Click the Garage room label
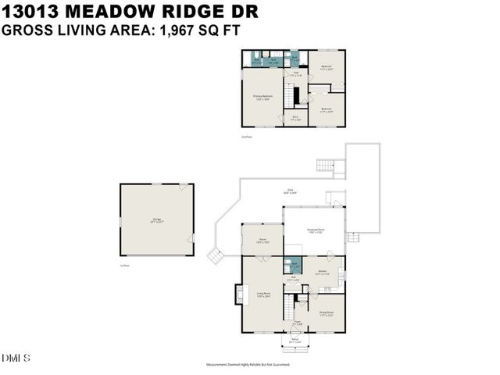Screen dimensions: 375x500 point(157,222)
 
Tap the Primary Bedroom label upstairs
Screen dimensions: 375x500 point(262,96)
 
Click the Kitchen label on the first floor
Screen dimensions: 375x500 point(322,272)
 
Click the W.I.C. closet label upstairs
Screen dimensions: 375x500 point(295,118)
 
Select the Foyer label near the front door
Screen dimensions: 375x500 point(297,323)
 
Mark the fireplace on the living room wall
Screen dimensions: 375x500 point(235,296)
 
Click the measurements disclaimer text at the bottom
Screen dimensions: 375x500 point(248,364)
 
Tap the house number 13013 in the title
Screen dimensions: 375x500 point(30,11)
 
